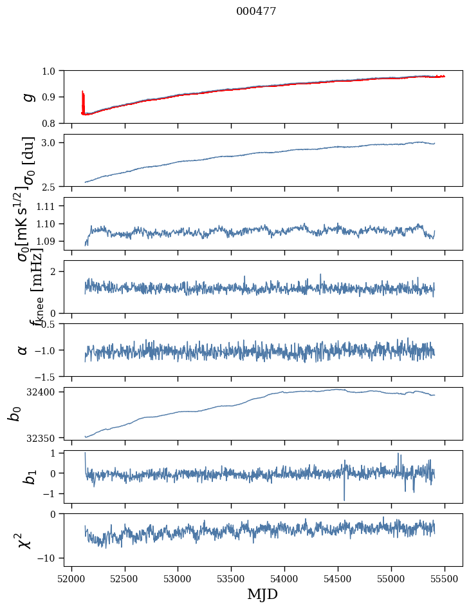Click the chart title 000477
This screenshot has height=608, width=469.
(256, 12)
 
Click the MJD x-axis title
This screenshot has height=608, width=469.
(262, 594)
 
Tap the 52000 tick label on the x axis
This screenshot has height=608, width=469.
(71, 579)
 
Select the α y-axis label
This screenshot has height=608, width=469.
(23, 350)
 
